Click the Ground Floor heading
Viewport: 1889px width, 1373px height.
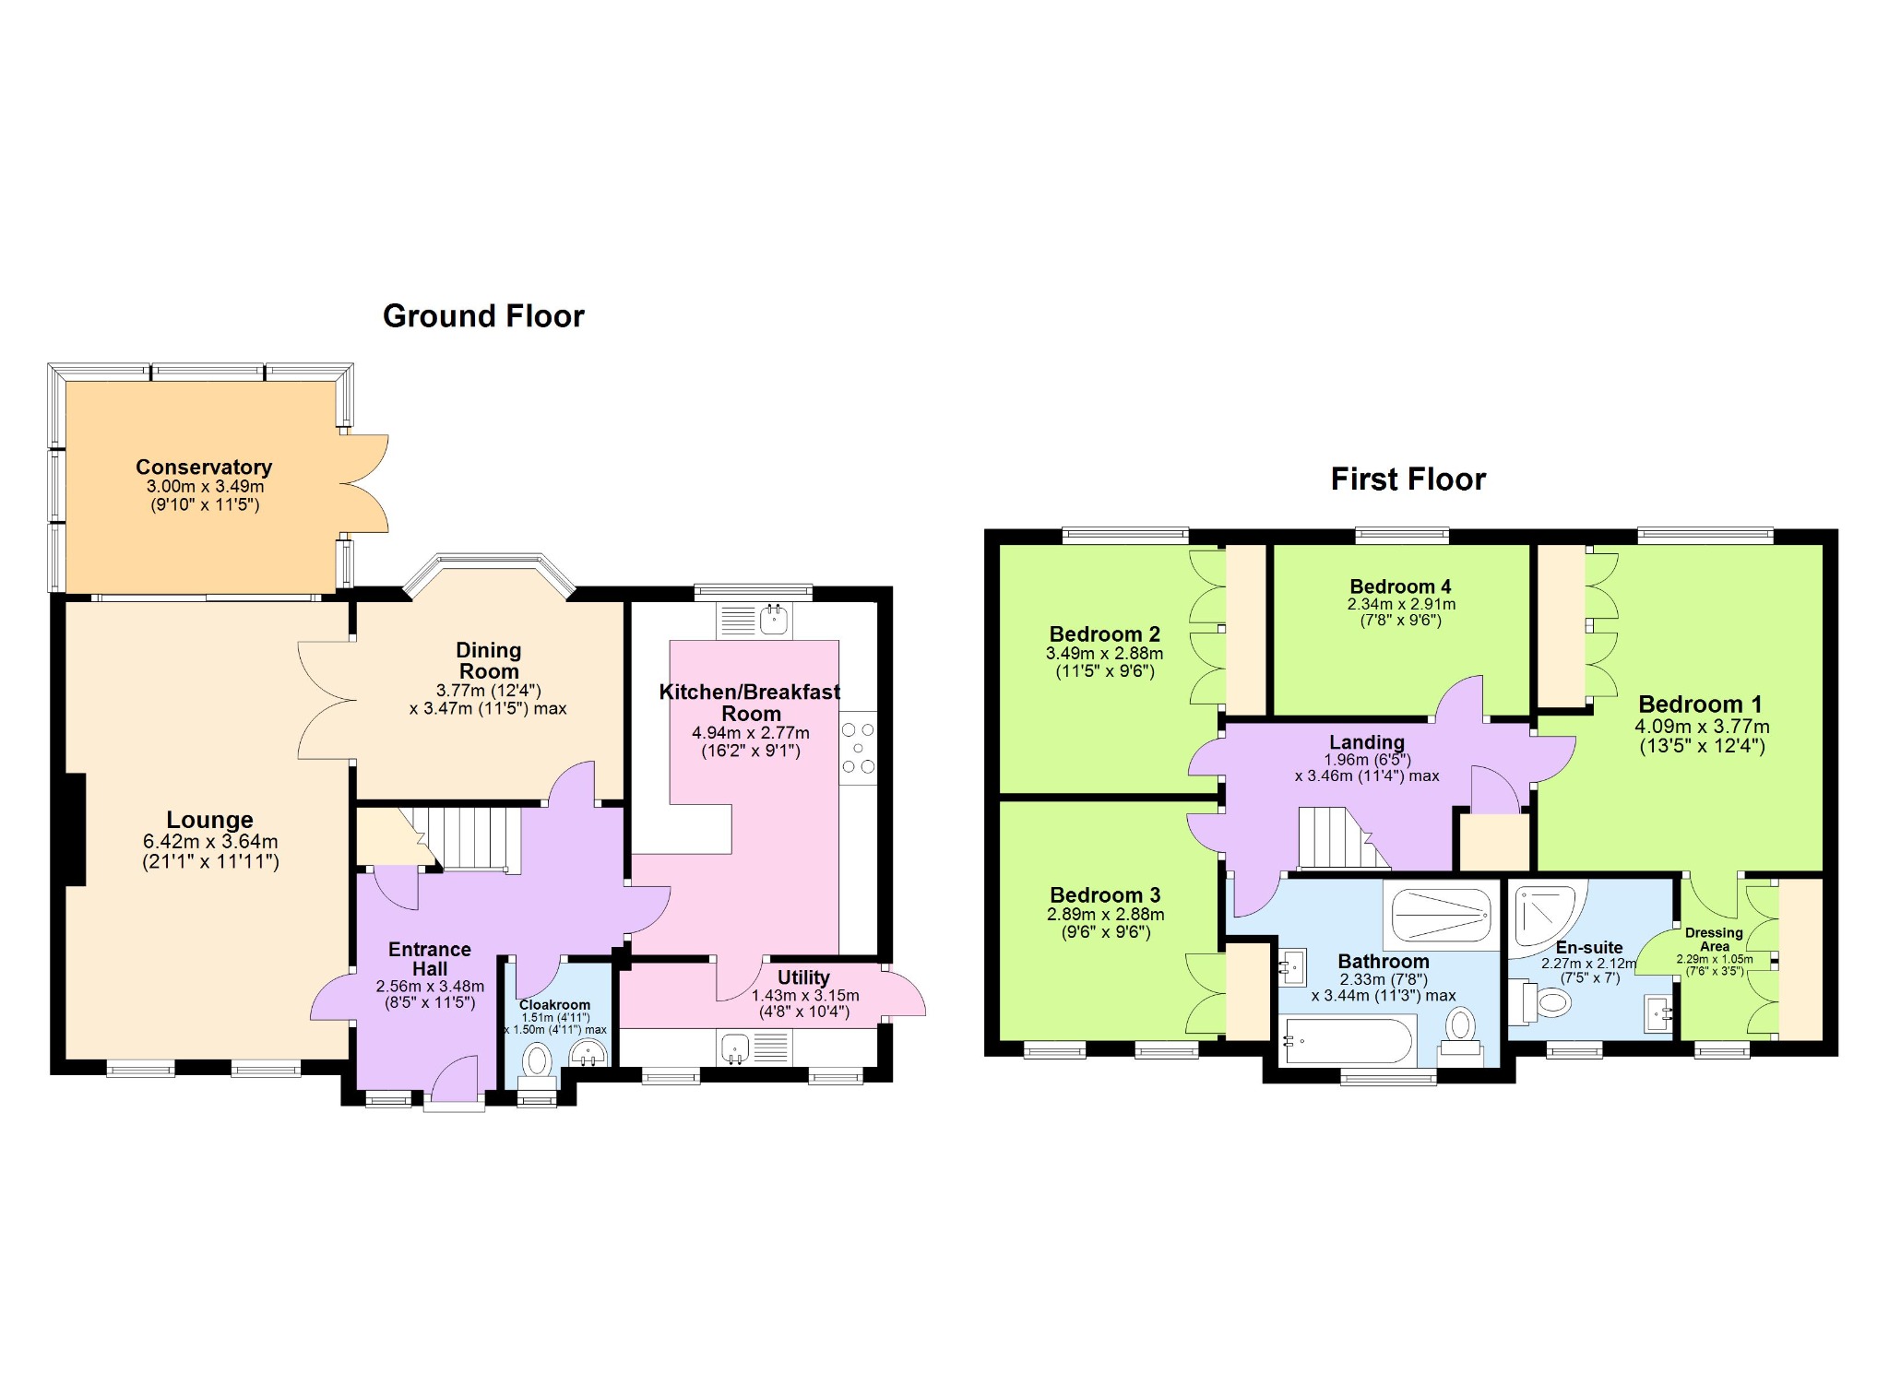point(483,316)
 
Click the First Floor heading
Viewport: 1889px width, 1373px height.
point(1408,479)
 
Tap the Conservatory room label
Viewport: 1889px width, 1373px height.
point(204,467)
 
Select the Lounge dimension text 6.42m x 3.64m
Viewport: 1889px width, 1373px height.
point(210,841)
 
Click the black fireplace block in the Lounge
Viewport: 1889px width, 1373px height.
point(75,830)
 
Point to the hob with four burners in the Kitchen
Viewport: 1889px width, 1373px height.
point(858,748)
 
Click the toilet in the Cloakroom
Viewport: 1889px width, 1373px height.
point(537,1063)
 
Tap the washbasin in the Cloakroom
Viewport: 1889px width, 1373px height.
point(588,1053)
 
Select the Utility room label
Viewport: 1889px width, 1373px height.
point(803,977)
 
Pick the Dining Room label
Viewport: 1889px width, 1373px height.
point(489,661)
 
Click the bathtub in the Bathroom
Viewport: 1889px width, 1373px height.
point(1348,1040)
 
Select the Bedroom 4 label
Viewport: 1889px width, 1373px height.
point(1400,586)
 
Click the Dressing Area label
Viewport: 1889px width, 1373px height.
point(1714,940)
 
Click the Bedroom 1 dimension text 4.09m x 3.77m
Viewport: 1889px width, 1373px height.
point(1702,727)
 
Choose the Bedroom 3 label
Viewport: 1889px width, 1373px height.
point(1105,895)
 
